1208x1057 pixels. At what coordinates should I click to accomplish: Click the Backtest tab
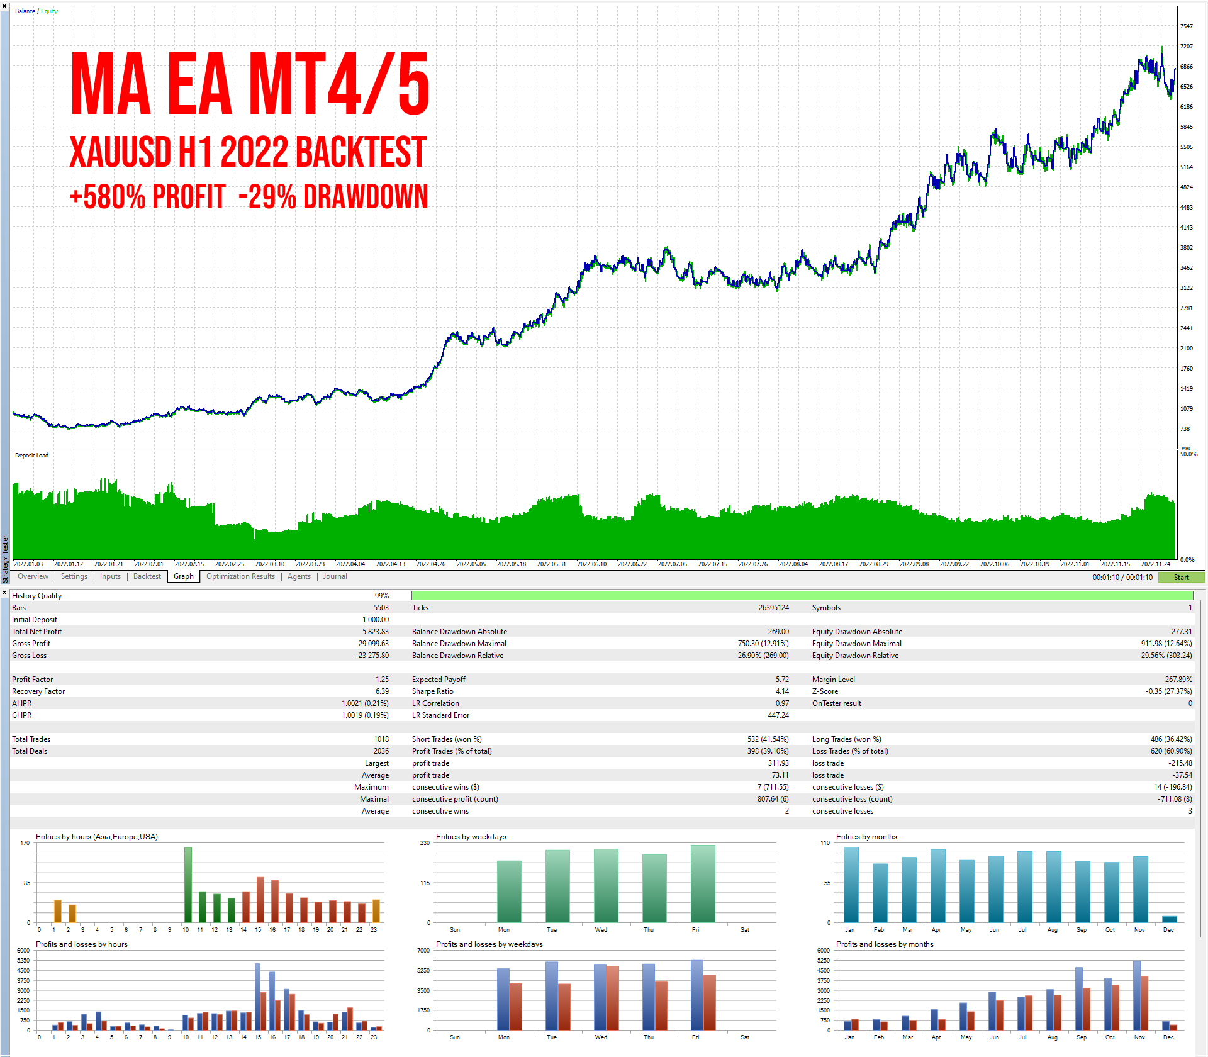147,576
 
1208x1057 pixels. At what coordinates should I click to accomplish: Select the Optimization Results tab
240,576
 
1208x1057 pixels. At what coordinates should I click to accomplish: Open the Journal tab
335,576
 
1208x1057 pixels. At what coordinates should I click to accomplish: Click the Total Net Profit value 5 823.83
375,632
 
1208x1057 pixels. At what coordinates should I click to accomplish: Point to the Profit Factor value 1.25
382,679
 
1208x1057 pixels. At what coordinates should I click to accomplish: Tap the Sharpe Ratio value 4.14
782,691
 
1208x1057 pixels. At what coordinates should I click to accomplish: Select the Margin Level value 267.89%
1178,679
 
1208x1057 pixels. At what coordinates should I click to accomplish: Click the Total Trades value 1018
381,739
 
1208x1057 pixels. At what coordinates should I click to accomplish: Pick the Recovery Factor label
38,691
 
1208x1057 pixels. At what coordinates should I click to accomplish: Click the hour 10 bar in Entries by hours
187,885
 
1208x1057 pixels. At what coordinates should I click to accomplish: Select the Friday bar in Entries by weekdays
703,883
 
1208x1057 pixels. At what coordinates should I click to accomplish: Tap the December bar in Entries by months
1169,919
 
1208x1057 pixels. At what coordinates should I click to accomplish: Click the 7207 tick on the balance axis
1186,47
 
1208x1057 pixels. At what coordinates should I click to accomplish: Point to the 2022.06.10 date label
591,564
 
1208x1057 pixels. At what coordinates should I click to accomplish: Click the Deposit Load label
31,456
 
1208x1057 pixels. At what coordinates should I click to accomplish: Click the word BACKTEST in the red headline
361,152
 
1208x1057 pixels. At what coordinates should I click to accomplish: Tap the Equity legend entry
49,11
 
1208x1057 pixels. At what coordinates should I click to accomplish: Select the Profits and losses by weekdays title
489,944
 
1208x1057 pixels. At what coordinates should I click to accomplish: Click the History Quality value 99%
381,596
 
